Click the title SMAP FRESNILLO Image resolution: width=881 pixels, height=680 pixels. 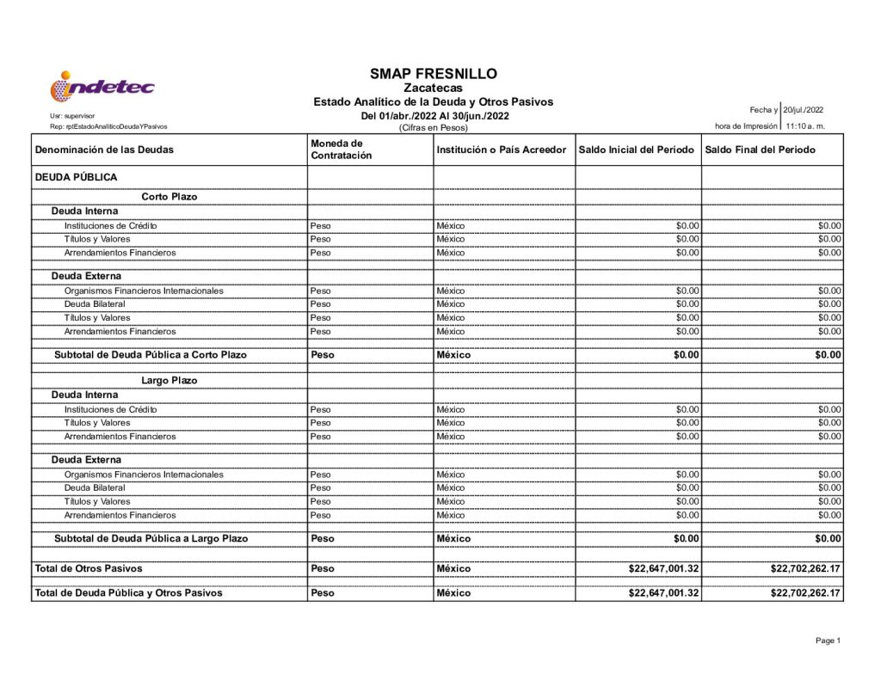tap(433, 74)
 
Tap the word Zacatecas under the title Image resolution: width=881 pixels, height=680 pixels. tap(433, 88)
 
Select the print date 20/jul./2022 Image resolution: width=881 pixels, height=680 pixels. tap(804, 110)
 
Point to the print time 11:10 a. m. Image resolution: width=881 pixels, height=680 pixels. tap(805, 126)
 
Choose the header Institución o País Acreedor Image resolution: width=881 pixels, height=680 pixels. tap(502, 150)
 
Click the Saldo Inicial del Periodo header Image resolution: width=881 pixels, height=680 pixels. tap(637, 150)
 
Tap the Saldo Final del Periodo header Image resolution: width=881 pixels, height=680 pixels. tap(761, 150)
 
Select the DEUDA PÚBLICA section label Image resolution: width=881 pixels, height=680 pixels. tap(76, 177)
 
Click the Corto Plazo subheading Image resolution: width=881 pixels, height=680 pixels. tap(169, 197)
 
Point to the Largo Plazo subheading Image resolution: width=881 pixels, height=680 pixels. tap(169, 381)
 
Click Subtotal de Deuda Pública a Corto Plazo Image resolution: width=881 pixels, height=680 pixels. tap(151, 355)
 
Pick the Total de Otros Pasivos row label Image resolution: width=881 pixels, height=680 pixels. tap(89, 568)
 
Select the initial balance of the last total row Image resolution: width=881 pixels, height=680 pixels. tap(663, 593)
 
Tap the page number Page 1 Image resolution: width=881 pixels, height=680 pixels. tap(828, 640)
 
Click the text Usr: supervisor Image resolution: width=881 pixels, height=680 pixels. tap(73, 115)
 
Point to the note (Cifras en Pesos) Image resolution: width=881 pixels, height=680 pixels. tap(433, 128)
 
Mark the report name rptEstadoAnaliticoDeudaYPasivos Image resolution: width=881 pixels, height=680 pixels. tap(109, 126)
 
